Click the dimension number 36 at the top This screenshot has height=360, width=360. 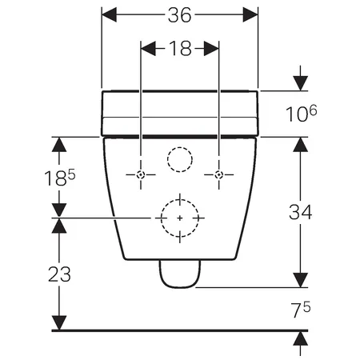click(x=179, y=15)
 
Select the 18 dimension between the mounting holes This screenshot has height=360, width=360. click(x=180, y=49)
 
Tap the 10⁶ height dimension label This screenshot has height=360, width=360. click(x=301, y=114)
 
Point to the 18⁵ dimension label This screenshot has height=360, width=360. click(x=60, y=178)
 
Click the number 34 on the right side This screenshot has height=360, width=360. click(x=301, y=212)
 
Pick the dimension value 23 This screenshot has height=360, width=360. click(x=59, y=274)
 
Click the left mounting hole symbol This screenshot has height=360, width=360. click(x=141, y=175)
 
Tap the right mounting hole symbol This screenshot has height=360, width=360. click(x=219, y=175)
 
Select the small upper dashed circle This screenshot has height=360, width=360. click(x=180, y=147)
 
